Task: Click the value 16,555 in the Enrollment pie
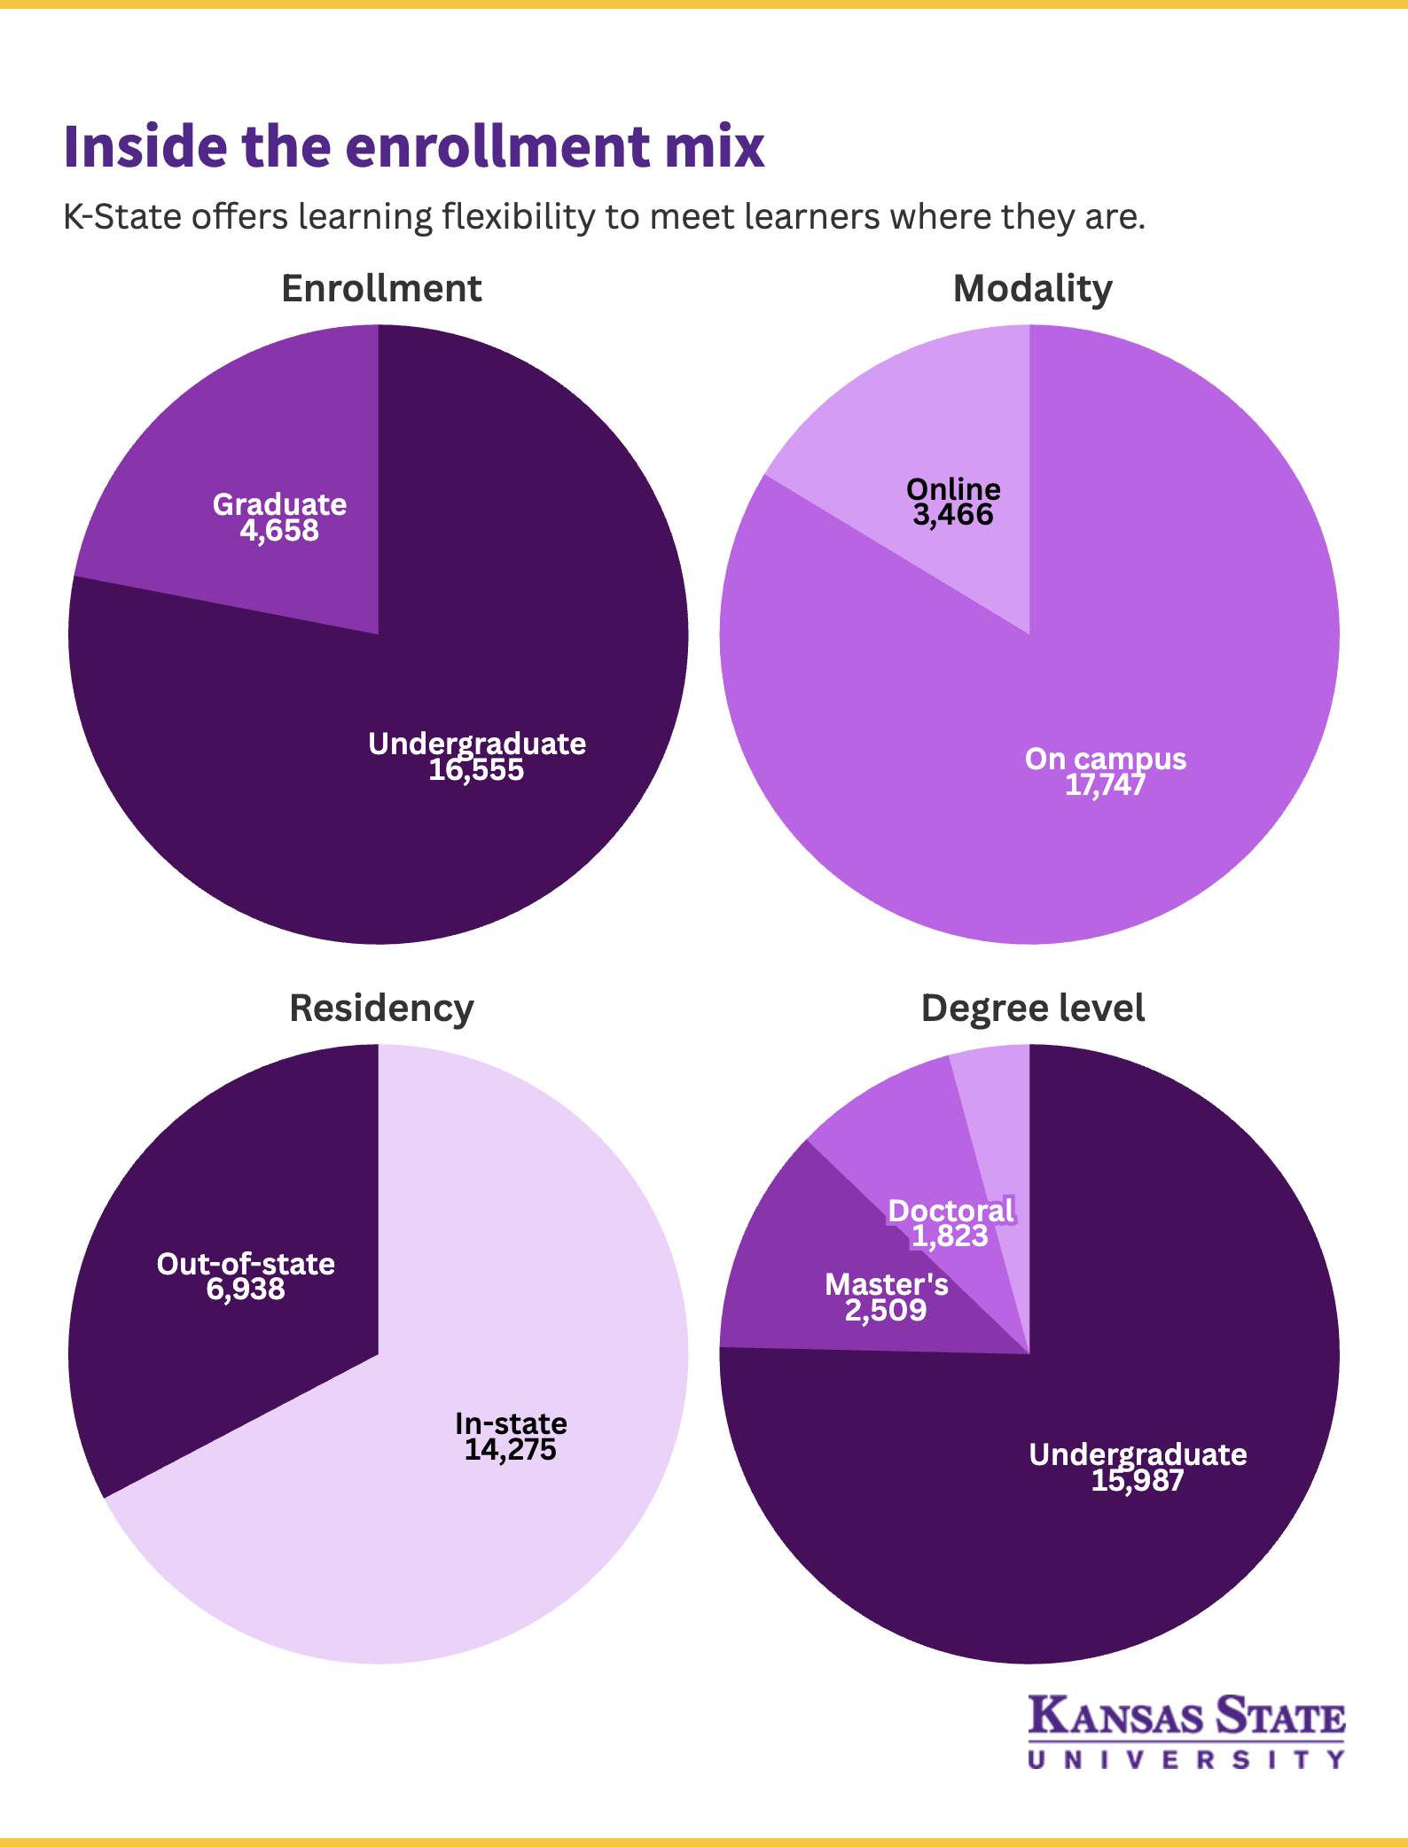476,770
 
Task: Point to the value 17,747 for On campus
1105,785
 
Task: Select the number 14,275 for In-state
510,1450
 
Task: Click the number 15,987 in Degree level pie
1137,1481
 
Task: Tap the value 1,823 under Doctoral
950,1236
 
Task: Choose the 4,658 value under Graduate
279,531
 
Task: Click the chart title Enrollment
381,289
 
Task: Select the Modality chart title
1032,289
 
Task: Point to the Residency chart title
381,1009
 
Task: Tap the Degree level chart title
1033,1009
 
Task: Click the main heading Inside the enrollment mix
414,146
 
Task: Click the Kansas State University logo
1186,1730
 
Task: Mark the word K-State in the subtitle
121,217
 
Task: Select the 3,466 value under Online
953,515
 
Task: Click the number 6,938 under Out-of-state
246,1290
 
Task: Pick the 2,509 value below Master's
886,1311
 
